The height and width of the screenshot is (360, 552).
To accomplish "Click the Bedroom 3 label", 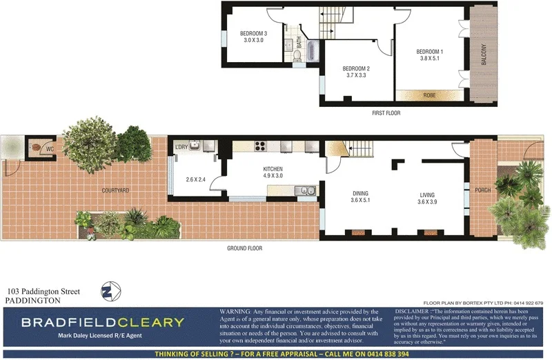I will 253,34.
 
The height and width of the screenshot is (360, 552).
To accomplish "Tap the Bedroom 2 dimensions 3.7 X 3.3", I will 357,75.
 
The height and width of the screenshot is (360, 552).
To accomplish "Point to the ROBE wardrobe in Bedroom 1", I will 429,94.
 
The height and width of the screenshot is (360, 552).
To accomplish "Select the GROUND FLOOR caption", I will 245,248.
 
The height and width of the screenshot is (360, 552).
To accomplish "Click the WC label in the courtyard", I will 50,148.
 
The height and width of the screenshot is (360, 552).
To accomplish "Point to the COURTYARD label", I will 115,190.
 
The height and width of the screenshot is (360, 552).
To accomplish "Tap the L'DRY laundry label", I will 182,148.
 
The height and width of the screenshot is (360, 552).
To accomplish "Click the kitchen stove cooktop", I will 262,146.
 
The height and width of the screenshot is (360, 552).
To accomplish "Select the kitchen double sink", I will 304,190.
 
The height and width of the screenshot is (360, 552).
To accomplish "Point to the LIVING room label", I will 428,194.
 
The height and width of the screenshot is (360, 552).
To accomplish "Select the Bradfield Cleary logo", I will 103,322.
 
